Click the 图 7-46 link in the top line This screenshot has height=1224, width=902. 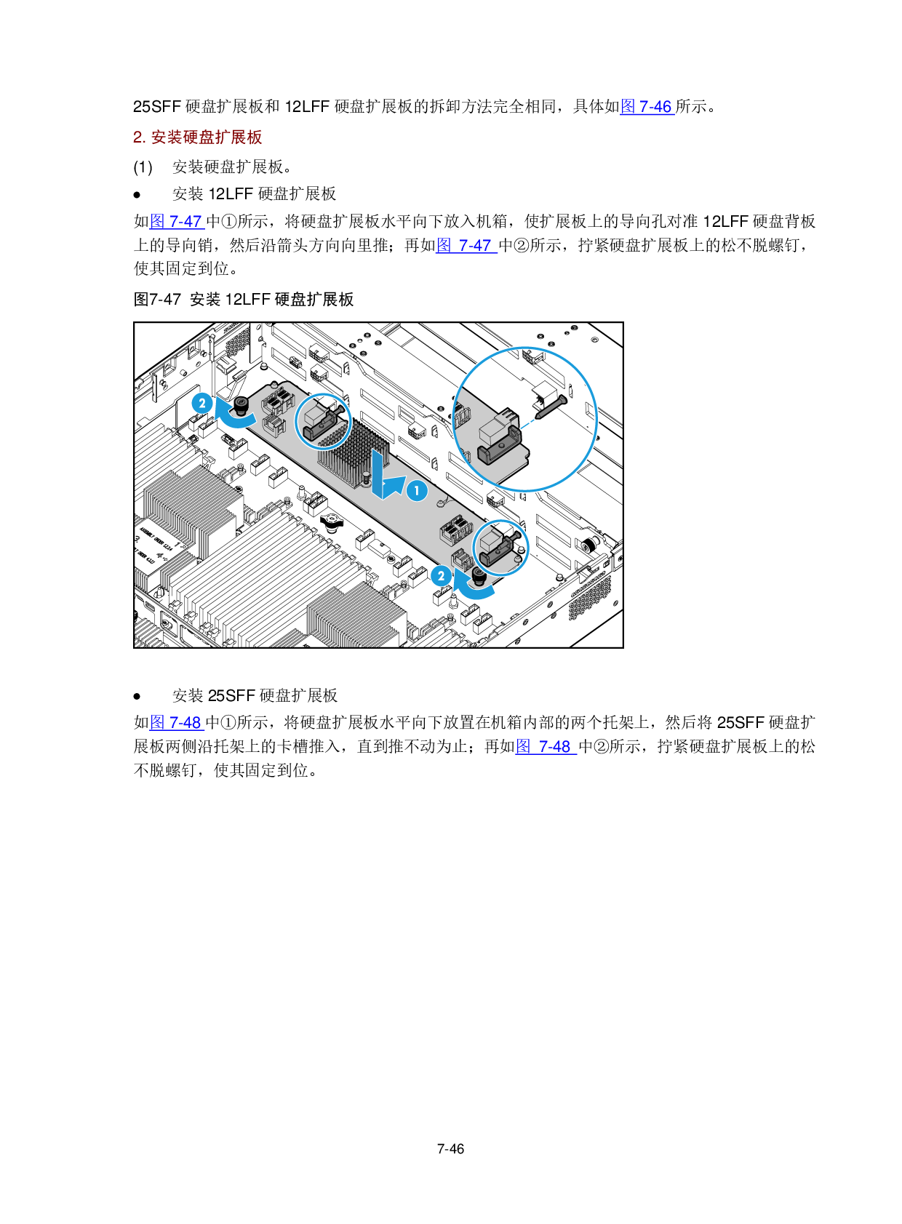tap(647, 107)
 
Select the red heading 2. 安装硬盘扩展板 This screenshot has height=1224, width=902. tap(197, 137)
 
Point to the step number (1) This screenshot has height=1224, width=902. tap(143, 167)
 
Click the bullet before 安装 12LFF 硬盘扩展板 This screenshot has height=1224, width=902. tap(137, 194)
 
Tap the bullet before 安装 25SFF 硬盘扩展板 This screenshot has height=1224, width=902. tap(137, 696)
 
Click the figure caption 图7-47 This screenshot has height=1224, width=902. tap(157, 300)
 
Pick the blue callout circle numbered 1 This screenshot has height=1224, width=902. tap(417, 491)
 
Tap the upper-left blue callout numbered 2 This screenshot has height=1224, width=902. tap(202, 403)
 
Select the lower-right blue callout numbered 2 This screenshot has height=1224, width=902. tap(441, 576)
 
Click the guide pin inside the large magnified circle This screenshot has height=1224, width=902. tap(551, 407)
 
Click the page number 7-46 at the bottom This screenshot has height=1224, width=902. tap(450, 1148)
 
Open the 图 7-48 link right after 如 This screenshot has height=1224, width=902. tap(177, 722)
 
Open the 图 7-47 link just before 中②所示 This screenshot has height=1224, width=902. tap(466, 245)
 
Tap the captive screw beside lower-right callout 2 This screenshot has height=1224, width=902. tap(479, 576)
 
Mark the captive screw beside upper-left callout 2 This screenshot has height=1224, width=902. tap(241, 405)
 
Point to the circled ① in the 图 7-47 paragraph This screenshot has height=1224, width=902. tap(228, 221)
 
